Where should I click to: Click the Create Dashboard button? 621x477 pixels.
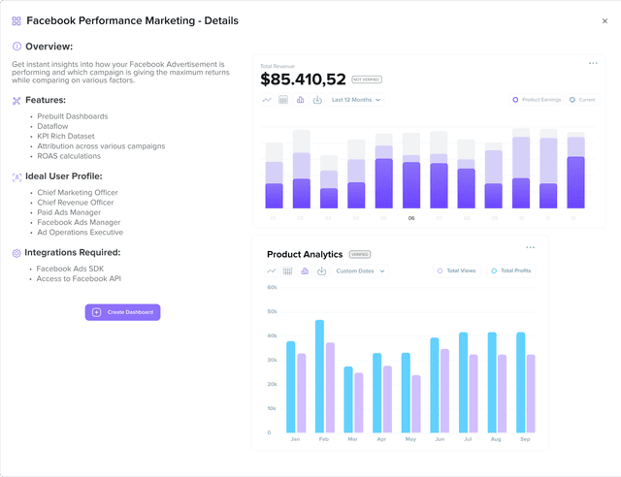click(x=122, y=312)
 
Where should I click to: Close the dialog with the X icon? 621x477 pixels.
click(x=605, y=20)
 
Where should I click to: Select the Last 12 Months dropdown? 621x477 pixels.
click(x=356, y=100)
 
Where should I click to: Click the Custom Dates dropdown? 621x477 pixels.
click(x=360, y=271)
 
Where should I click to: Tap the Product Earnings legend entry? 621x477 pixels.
click(x=536, y=100)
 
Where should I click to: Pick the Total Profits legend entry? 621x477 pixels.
click(x=511, y=271)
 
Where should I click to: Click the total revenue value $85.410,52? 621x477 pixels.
click(x=303, y=79)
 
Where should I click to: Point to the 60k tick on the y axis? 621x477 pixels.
click(x=273, y=288)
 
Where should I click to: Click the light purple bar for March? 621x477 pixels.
click(x=358, y=402)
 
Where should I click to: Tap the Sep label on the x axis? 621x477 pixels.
click(x=526, y=439)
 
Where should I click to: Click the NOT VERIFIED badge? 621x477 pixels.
click(x=366, y=79)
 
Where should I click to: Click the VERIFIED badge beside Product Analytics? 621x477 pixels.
click(x=360, y=254)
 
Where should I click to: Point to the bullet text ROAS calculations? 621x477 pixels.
click(x=74, y=156)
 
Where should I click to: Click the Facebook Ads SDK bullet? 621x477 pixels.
click(x=70, y=269)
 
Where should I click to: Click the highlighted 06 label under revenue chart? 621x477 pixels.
click(x=411, y=218)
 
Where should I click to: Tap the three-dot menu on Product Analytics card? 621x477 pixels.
click(x=530, y=248)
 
